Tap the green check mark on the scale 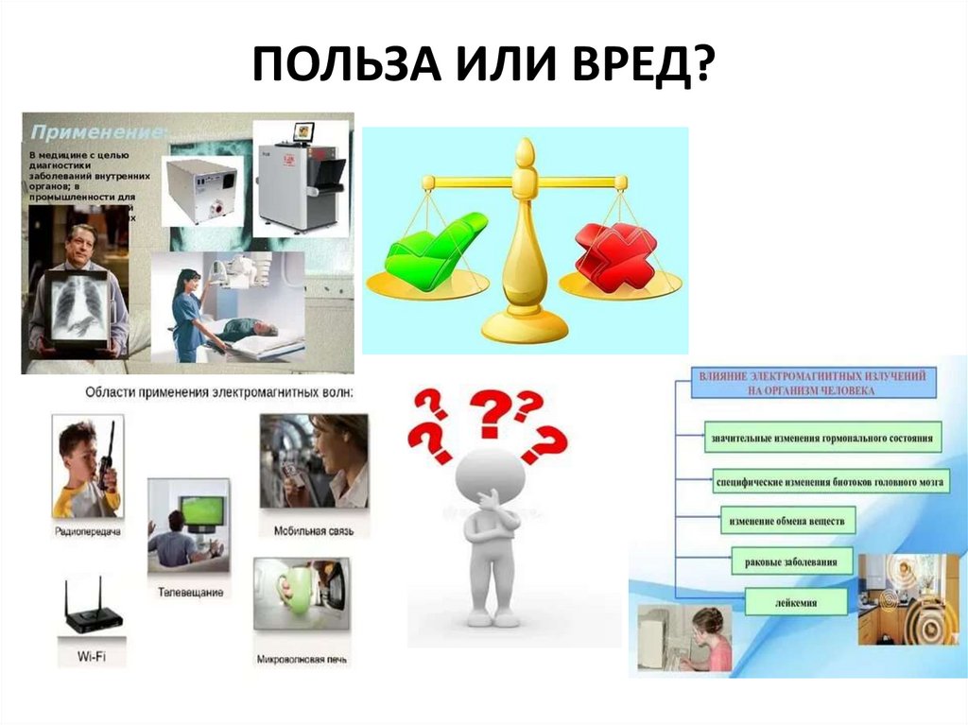[436, 248]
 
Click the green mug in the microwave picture [295, 592]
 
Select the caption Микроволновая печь [299, 658]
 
